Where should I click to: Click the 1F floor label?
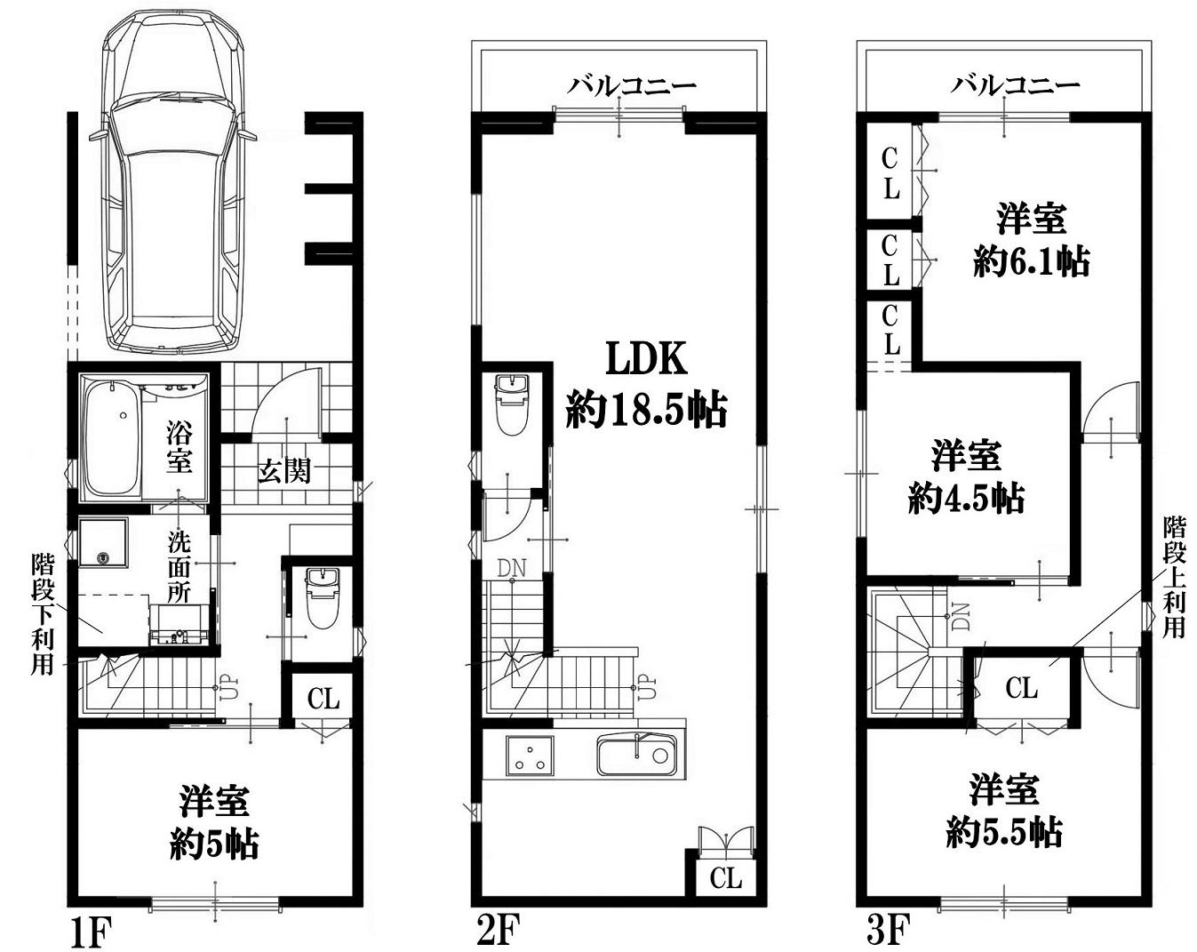point(92,932)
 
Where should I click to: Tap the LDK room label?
point(646,359)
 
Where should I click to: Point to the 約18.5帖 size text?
point(646,411)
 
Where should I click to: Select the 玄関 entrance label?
point(284,472)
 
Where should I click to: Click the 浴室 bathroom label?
point(180,447)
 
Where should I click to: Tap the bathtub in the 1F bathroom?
point(112,438)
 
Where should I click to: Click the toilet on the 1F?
point(322,598)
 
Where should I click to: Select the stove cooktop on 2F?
point(530,755)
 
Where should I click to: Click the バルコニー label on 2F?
point(631,86)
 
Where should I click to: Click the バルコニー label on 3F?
point(1015,85)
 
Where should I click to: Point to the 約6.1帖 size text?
point(1031,261)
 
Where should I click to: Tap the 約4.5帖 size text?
point(967,498)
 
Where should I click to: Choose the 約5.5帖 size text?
point(1004,831)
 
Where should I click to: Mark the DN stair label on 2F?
point(511,568)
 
